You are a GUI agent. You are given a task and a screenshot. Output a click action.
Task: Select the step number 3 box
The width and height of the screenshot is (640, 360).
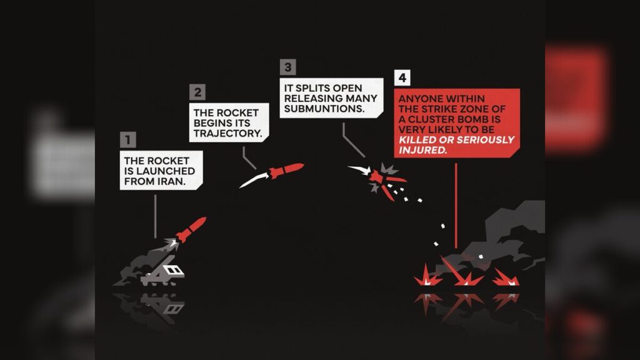(287, 67)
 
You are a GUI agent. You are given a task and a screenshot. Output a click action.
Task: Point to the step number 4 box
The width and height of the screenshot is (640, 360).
(403, 78)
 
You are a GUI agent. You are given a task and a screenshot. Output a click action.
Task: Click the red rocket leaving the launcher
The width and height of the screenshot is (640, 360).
(191, 229)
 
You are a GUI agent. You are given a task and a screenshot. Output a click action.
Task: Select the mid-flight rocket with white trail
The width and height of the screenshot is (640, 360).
(285, 171)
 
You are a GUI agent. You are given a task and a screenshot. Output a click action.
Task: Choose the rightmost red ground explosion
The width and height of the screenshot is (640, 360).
(506, 279)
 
